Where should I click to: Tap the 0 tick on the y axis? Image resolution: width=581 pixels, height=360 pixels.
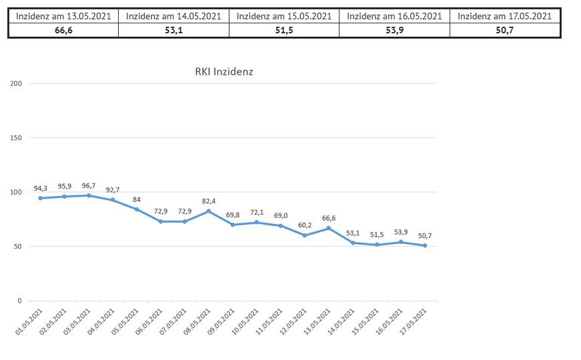tap(20, 301)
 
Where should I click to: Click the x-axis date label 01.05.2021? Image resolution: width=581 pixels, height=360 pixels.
tap(31, 323)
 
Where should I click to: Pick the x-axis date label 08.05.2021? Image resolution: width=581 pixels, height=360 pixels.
tap(198, 323)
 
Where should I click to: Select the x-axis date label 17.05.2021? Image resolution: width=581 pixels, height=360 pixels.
tap(414, 323)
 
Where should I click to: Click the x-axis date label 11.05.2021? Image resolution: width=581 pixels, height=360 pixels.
tap(270, 323)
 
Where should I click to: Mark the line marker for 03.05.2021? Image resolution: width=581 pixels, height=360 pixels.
tap(89, 195)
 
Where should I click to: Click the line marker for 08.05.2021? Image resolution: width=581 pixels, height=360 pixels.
tap(209, 211)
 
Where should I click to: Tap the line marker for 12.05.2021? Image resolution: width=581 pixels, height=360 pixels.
tap(304, 235)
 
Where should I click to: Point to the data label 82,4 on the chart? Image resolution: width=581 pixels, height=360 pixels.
tap(209, 201)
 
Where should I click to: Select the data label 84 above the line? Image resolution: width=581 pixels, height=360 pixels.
tap(137, 199)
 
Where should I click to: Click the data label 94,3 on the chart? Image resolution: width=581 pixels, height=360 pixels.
tap(41, 188)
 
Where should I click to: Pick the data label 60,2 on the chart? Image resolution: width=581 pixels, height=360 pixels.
tap(304, 225)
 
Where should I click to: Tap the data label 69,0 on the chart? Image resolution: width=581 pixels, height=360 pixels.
tap(280, 215)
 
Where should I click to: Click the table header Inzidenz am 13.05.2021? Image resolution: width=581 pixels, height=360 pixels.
tap(63, 16)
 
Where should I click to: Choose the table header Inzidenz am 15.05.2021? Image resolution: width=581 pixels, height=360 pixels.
tap(283, 16)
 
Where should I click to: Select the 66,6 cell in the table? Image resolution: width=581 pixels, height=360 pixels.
tap(63, 30)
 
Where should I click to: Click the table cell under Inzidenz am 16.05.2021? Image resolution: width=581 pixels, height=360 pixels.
tap(394, 30)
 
